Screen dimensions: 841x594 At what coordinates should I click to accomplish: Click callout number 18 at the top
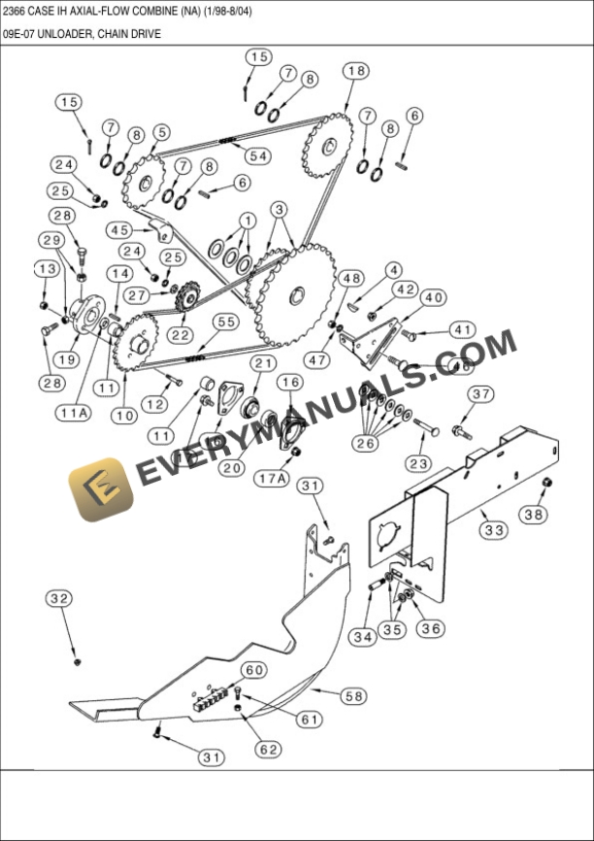coord(356,70)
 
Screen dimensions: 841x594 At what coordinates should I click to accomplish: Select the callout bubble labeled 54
coord(258,155)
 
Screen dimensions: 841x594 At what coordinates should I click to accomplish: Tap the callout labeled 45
coord(119,230)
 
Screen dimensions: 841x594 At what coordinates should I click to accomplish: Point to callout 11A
coord(74,413)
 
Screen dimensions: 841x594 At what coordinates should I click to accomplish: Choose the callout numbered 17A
coord(273,477)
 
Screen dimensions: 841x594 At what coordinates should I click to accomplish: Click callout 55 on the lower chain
coord(226,321)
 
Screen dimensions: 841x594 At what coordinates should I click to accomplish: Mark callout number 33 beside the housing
coord(494,530)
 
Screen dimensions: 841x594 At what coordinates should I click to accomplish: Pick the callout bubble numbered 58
coord(354,695)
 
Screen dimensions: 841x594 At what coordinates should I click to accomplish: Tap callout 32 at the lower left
coord(59,599)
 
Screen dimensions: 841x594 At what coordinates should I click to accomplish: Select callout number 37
coord(482,393)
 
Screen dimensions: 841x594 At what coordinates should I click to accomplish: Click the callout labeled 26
coord(366,444)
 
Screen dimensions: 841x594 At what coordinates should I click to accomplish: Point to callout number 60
coord(253,670)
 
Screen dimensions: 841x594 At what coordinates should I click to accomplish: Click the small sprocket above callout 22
coord(187,295)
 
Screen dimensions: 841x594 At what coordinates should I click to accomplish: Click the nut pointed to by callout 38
coord(546,483)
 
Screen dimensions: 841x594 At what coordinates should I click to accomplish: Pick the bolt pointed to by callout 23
coord(427,426)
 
